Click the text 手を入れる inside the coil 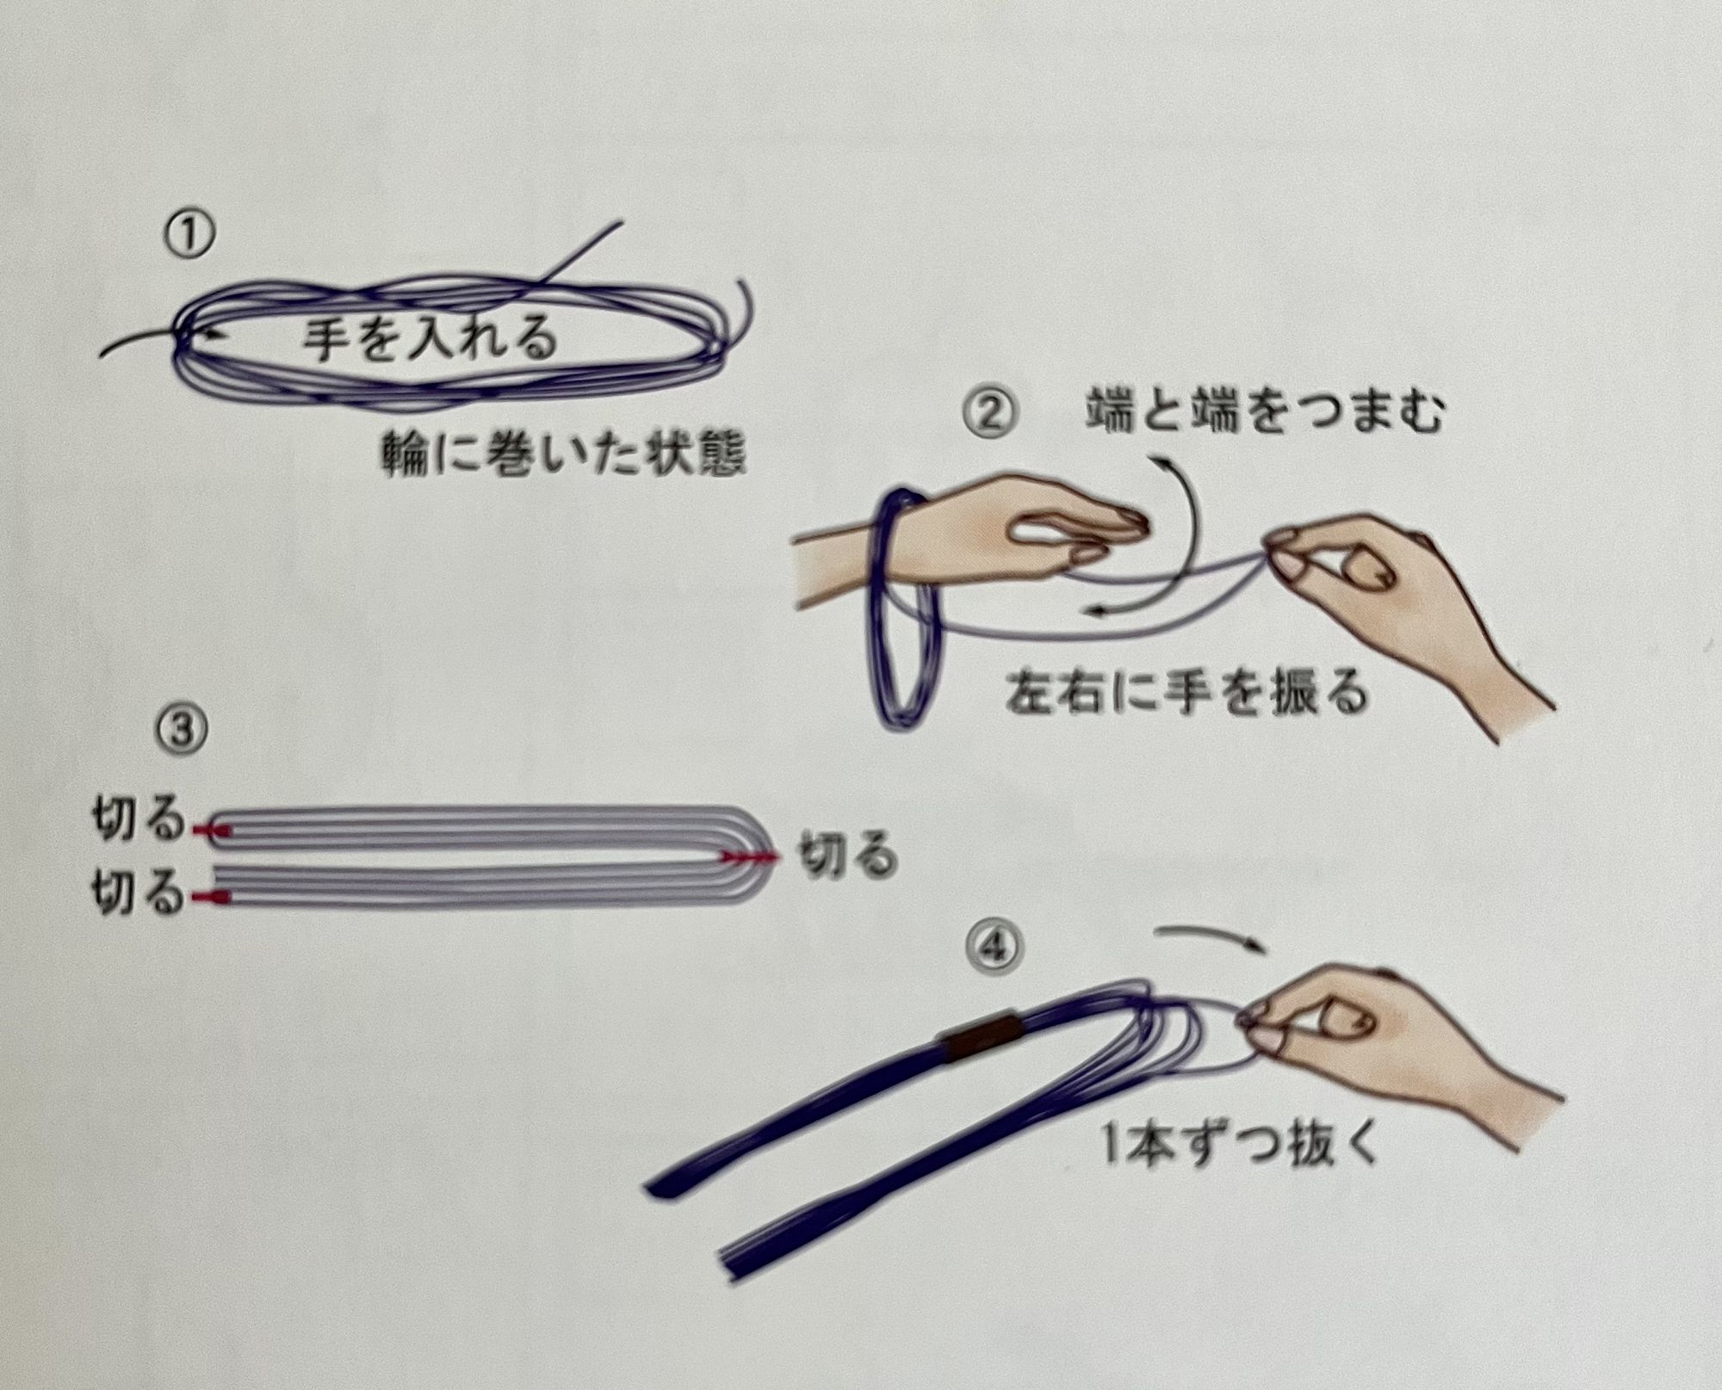429,337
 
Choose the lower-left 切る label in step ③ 138,895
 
